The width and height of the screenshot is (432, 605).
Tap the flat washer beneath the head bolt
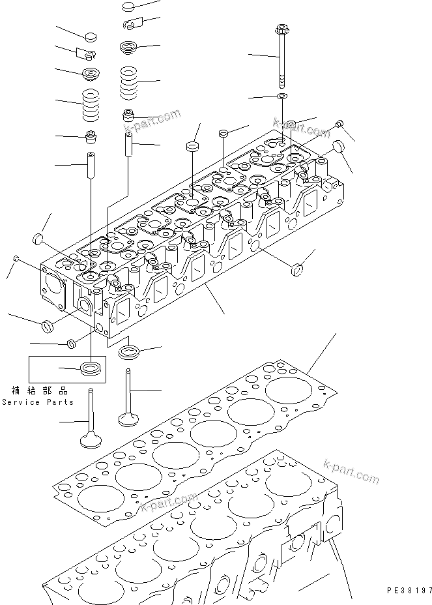point(282,96)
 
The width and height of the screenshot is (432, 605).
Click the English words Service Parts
point(37,402)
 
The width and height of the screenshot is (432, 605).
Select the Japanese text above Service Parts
point(40,391)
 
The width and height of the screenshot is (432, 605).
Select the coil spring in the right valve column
point(130,82)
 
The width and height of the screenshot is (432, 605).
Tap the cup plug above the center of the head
point(193,145)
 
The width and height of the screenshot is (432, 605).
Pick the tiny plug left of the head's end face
point(16,259)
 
